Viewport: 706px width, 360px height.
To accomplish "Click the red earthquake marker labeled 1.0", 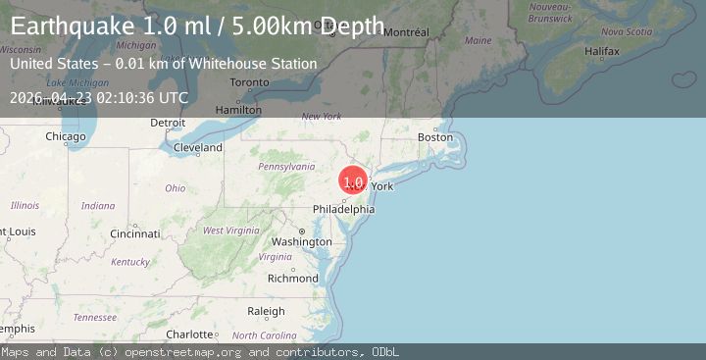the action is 354,180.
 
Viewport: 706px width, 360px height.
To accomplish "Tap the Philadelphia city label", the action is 343,209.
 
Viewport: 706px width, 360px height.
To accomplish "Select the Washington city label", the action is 301,241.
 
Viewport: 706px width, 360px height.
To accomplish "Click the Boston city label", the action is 435,137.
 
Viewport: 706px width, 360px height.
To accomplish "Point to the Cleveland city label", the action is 197,148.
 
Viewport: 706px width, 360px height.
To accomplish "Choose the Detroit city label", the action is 168,123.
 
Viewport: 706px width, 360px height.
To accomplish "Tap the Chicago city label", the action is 65,136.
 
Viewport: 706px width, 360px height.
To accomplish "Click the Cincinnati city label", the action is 135,234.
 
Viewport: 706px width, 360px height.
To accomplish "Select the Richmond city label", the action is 292,278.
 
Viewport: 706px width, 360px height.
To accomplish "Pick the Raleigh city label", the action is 266,311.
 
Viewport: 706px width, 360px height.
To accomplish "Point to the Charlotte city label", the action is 189,334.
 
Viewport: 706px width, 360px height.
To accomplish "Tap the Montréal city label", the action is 406,32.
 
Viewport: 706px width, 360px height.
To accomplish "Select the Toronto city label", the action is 249,82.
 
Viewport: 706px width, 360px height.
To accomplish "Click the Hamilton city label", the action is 238,109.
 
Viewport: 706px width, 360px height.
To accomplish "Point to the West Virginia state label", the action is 229,230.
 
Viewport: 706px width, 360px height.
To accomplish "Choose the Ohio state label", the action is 175,187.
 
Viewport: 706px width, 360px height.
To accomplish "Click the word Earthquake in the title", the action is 74,26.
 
